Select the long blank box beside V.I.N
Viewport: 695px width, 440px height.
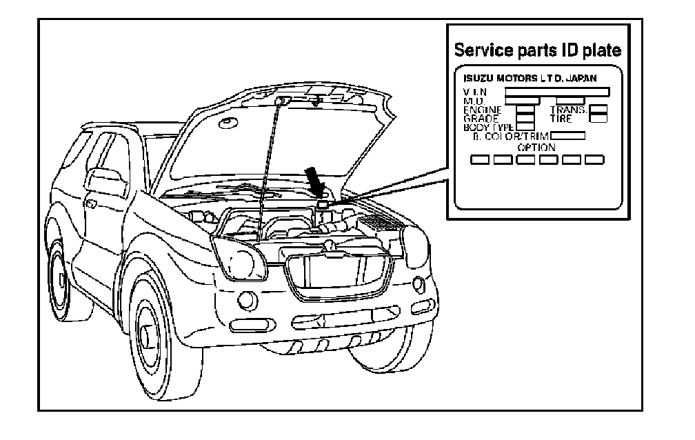[x=557, y=91]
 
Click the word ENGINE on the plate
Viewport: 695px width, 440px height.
[x=483, y=110]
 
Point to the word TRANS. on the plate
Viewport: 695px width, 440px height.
[x=569, y=110]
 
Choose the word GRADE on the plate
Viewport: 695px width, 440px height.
[x=481, y=119]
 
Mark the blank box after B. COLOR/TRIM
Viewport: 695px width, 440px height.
[x=567, y=136]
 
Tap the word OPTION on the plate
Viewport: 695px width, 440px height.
[x=536, y=148]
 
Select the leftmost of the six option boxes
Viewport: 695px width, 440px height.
[x=480, y=160]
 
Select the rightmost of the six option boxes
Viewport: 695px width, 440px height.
[x=594, y=160]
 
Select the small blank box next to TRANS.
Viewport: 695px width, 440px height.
[x=599, y=110]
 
